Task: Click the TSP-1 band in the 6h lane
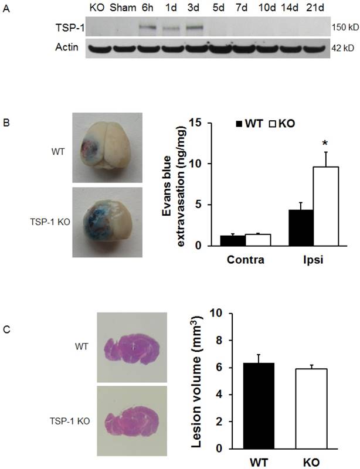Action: tap(149, 27)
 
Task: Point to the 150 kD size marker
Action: tap(342, 28)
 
